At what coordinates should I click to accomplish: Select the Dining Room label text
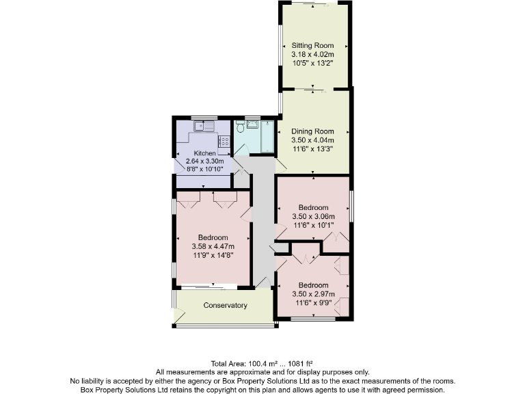point(313,131)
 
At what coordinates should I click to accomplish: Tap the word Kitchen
point(205,153)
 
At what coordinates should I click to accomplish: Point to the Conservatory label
point(225,305)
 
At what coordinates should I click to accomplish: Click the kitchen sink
point(204,127)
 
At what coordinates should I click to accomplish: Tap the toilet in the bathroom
point(240,127)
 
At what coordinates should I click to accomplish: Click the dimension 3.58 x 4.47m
point(214,247)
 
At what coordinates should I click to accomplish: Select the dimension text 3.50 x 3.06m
point(313,216)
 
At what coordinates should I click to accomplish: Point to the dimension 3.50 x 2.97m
point(313,293)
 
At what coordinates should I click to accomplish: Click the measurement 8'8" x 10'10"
point(205,168)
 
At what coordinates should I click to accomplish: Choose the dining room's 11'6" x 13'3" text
point(313,149)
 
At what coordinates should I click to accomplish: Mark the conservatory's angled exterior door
point(179,316)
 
